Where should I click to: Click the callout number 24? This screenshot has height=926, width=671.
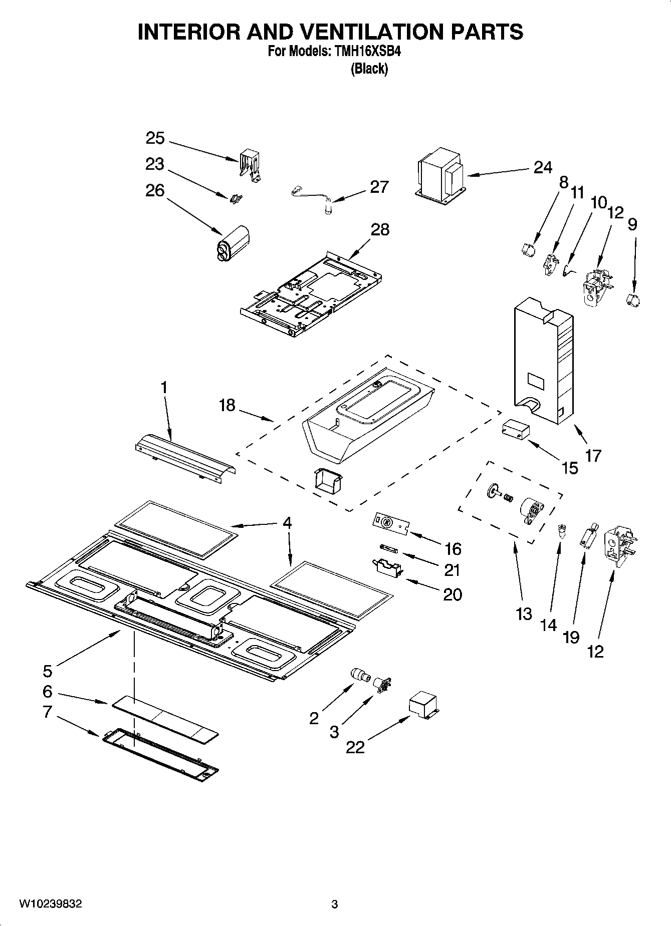(542, 167)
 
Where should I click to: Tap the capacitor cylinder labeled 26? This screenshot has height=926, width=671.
(232, 243)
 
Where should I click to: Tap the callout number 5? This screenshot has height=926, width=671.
(47, 671)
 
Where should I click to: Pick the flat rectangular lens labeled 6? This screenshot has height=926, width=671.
(165, 719)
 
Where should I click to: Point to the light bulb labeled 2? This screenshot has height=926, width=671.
(361, 675)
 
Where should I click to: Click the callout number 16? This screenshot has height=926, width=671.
(452, 549)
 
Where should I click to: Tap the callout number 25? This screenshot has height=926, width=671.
(155, 138)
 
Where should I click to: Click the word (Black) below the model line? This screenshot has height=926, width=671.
(369, 69)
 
